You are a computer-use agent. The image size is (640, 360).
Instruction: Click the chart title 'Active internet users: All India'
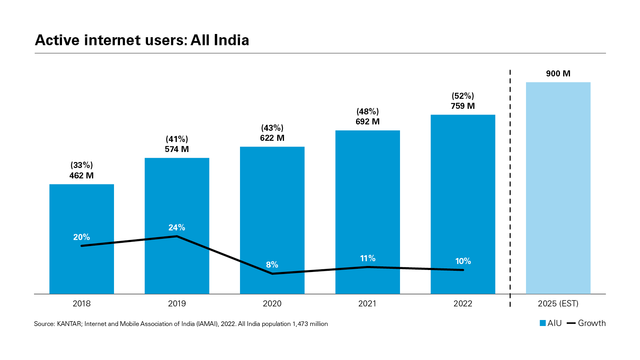click(142, 40)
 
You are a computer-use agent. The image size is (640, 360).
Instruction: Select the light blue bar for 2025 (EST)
click(558, 188)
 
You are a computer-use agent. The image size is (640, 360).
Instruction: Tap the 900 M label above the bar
click(558, 74)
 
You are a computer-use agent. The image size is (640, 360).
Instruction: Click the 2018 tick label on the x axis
click(82, 304)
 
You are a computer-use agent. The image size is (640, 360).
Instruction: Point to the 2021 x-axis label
click(367, 304)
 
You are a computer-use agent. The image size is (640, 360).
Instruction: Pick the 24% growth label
click(176, 228)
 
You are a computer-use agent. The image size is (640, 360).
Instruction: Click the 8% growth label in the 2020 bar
click(272, 265)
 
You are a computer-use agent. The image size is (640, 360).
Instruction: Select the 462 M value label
click(82, 176)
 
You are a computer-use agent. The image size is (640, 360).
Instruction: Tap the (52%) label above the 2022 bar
click(463, 96)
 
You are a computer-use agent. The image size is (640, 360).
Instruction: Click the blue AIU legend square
click(543, 323)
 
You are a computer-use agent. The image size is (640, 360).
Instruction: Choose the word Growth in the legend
click(592, 323)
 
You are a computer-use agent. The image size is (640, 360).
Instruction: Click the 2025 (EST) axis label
click(558, 304)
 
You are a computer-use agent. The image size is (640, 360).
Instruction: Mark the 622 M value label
click(272, 138)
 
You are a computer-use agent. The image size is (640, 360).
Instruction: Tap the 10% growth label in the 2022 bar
click(463, 261)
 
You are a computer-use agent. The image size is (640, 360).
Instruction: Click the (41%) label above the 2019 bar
click(177, 139)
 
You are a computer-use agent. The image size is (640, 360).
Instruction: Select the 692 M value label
click(368, 122)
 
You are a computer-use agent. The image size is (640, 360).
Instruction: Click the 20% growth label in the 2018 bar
click(82, 237)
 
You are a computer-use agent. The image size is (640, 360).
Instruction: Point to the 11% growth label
click(368, 258)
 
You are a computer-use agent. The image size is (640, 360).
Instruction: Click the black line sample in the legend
click(571, 323)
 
